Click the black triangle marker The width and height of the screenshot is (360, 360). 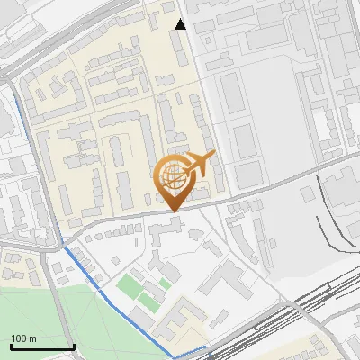[x=181, y=24]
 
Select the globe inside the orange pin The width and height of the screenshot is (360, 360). [x=172, y=175]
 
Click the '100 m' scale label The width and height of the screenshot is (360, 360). [x=23, y=338]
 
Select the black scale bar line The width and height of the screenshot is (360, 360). [x=41, y=346]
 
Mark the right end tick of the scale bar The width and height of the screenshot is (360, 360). [x=73, y=345]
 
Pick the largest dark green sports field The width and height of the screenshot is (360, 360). [x=131, y=288]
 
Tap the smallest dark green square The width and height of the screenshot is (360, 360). [x=166, y=283]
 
